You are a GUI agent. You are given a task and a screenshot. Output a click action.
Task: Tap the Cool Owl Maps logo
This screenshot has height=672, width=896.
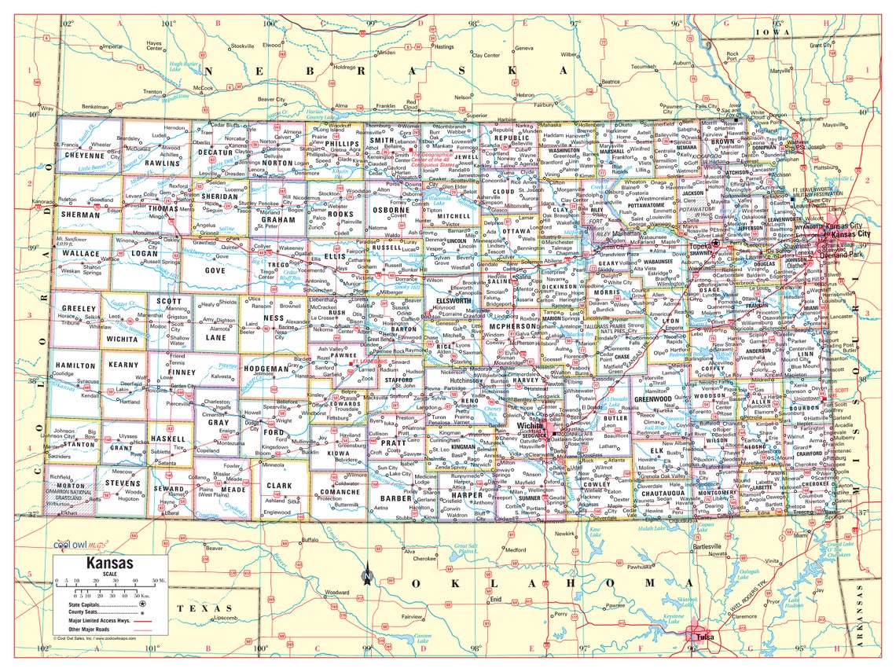pos(80,544)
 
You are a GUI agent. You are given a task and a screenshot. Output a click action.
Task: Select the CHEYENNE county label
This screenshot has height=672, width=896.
pos(83,156)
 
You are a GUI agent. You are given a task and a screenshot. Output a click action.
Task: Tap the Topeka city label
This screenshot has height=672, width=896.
pos(700,245)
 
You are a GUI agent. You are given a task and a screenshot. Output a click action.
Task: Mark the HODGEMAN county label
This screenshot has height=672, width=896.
pos(267,368)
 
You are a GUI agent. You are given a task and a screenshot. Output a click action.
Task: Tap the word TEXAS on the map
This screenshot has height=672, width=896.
pos(197,608)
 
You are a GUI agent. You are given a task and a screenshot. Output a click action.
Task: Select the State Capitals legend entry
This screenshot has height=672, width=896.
pos(82,603)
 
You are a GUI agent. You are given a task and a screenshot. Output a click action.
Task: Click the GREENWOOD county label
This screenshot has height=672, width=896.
pos(653,398)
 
